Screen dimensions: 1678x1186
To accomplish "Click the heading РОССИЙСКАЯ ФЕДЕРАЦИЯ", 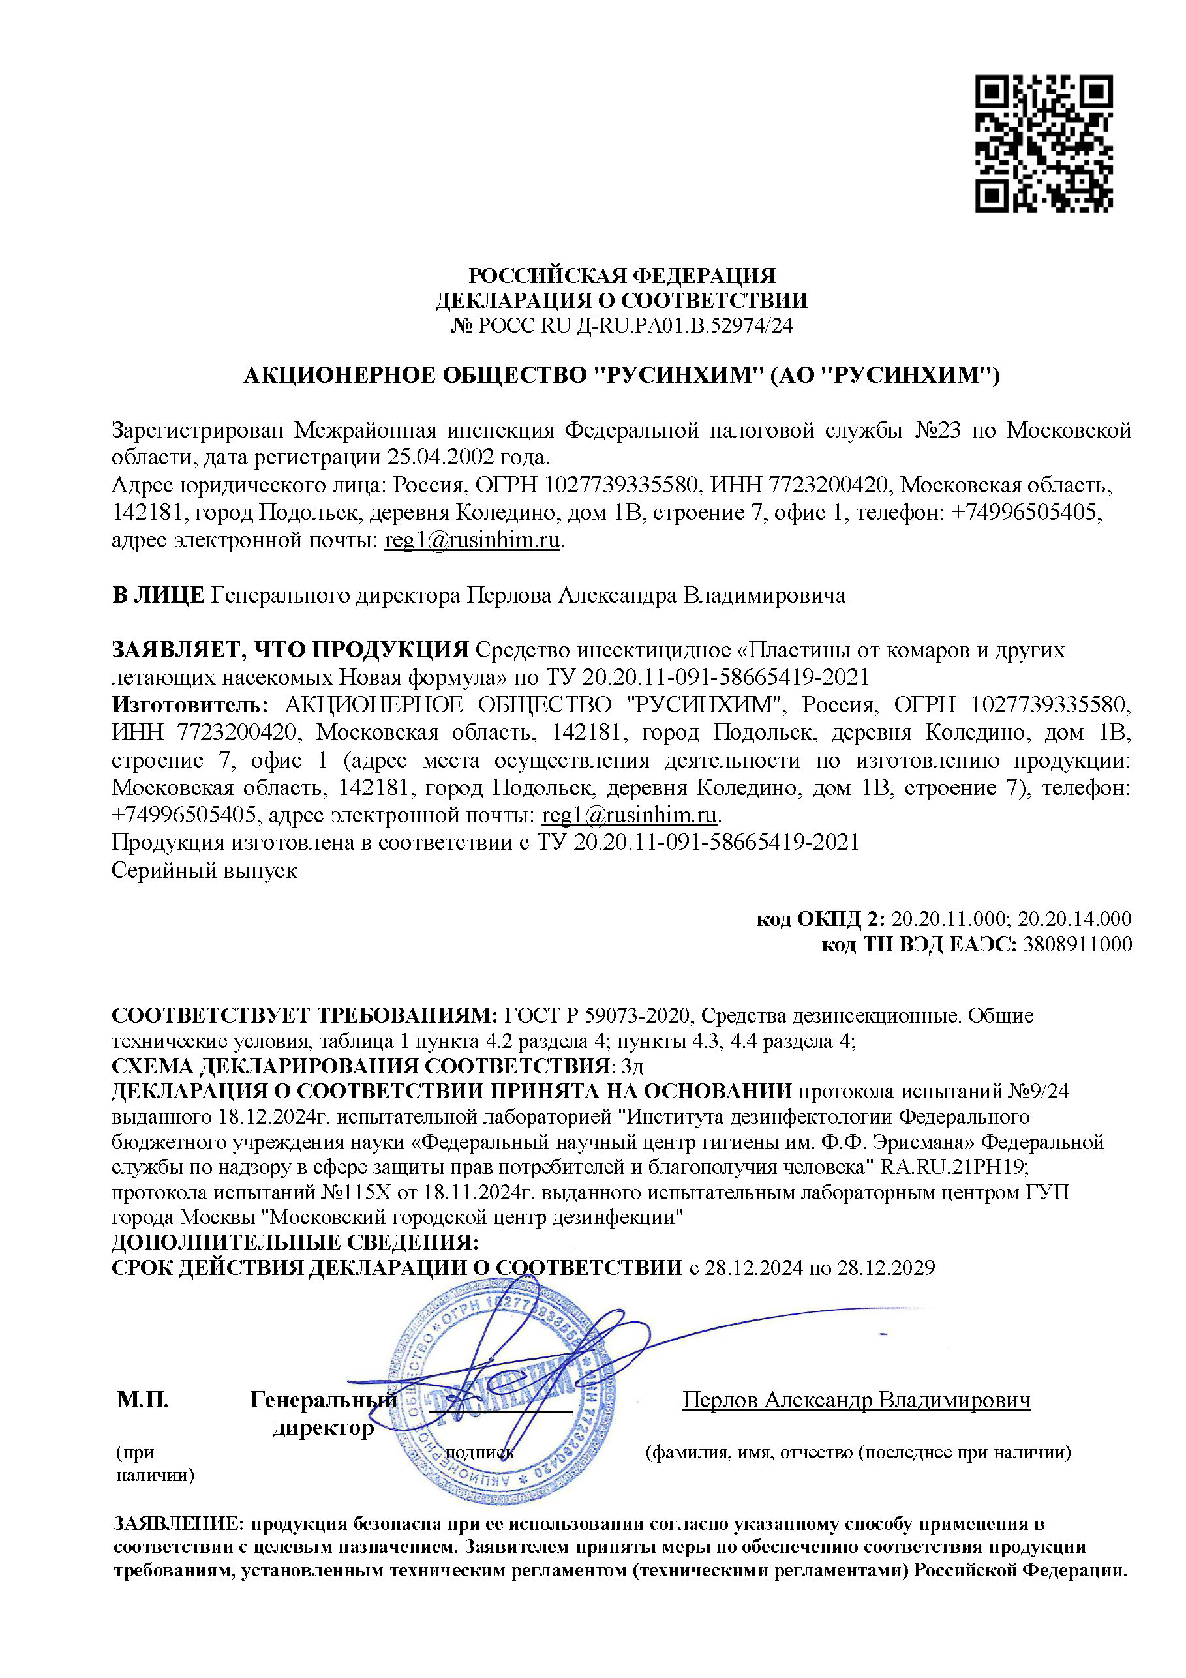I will tap(621, 275).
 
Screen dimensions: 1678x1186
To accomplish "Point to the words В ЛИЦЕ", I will tap(158, 595).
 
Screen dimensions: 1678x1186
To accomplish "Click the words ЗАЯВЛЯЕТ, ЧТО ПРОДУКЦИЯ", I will tap(290, 649).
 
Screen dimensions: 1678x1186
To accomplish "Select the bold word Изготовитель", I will tap(189, 704).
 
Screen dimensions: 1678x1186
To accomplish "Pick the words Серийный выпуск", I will tap(204, 871).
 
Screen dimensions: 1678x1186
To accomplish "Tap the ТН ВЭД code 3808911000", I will tap(1077, 945).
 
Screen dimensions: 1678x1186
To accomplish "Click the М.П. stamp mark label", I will tap(143, 1400).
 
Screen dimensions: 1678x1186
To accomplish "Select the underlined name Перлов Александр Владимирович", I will tap(855, 1400).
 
